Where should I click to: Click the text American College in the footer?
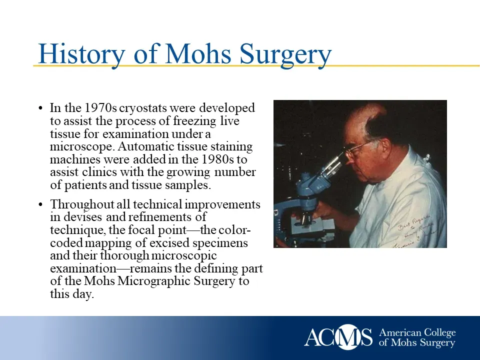tap(417, 333)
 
